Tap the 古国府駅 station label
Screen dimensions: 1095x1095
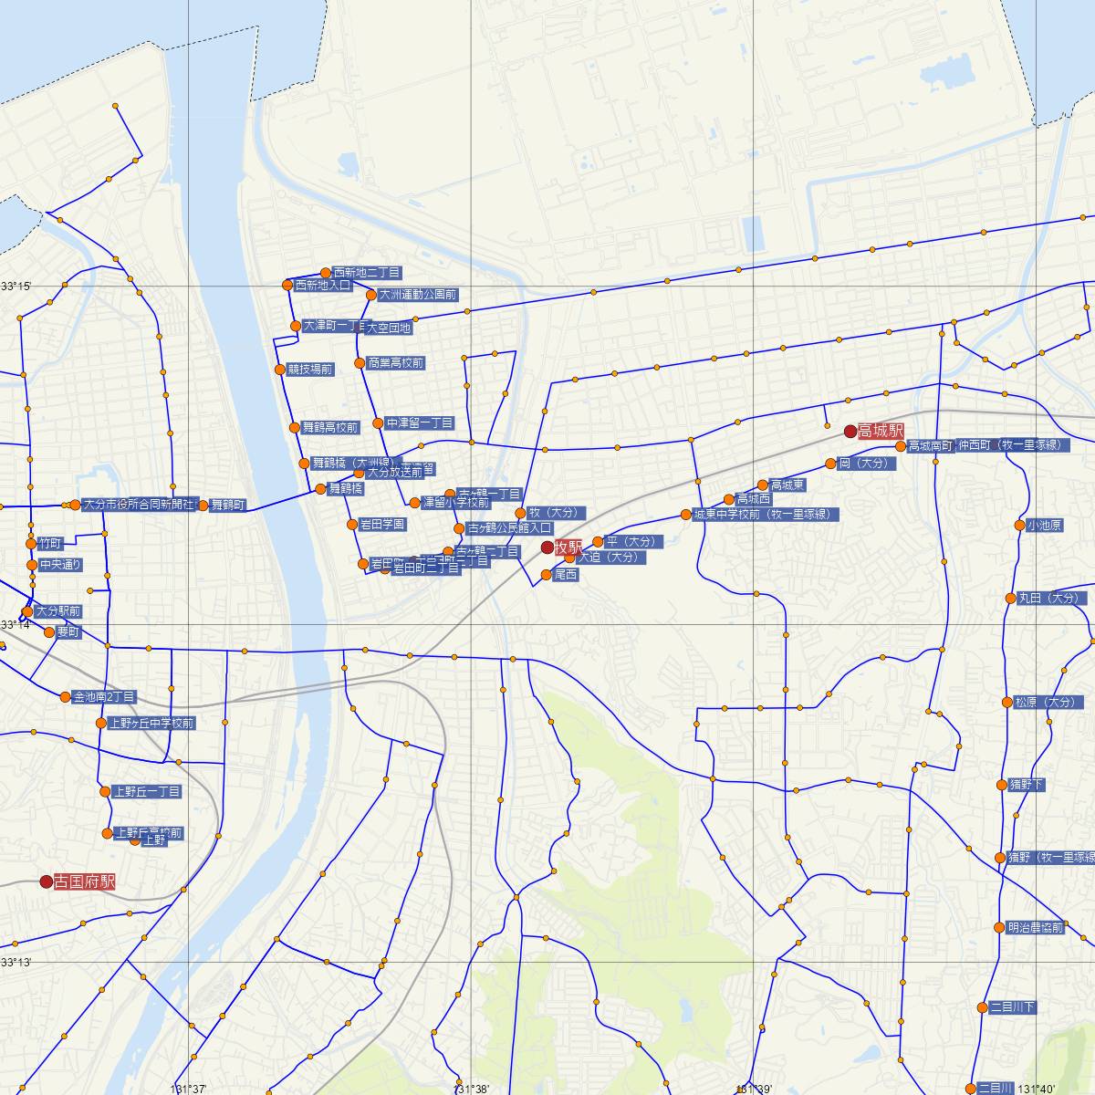tap(85, 882)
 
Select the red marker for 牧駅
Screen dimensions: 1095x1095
tap(547, 547)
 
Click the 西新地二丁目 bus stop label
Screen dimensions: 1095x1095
tap(367, 273)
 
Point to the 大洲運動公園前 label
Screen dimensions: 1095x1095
tap(418, 295)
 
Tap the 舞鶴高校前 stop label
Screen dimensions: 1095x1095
tap(330, 427)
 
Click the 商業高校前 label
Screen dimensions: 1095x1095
tap(395, 363)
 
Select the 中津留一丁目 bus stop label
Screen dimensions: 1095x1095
tap(419, 423)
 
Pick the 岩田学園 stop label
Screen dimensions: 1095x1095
tap(382, 525)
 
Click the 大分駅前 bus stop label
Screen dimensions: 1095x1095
tap(58, 611)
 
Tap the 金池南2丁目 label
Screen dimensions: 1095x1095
tap(104, 697)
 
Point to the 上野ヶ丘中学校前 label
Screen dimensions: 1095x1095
tap(151, 724)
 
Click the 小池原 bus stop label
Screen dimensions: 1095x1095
tap(1044, 526)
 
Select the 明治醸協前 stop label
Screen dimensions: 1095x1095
tap(1036, 928)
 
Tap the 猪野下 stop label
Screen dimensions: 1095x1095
tap(1027, 785)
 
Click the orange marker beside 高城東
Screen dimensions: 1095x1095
tap(763, 485)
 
